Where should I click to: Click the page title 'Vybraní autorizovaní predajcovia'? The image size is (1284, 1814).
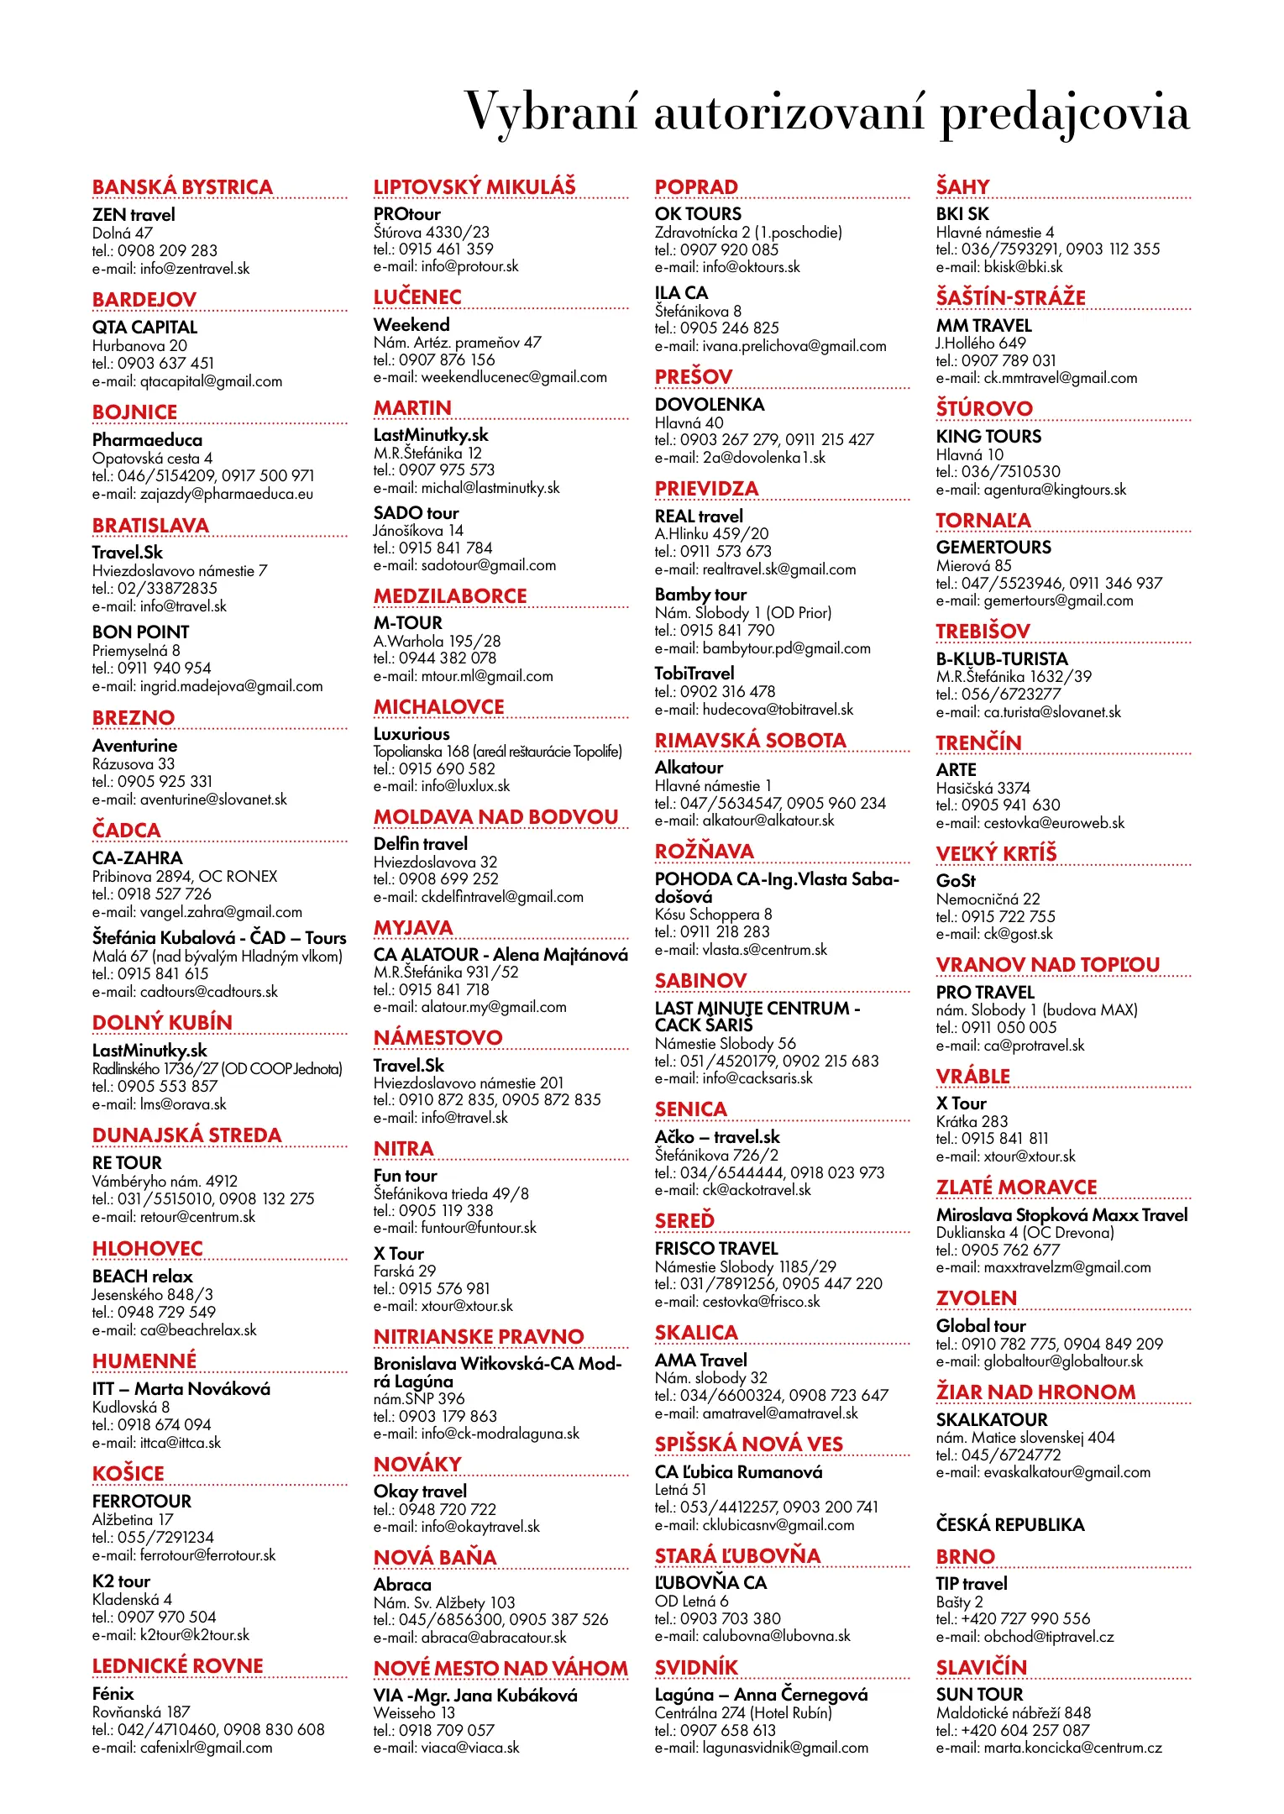[x=826, y=113]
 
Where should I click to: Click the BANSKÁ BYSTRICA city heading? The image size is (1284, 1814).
[x=182, y=187]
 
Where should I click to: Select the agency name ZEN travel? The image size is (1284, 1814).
[x=134, y=215]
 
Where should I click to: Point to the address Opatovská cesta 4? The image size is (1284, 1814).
[x=152, y=459]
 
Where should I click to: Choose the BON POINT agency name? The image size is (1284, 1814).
[x=140, y=632]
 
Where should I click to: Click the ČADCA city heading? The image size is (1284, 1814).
[x=126, y=831]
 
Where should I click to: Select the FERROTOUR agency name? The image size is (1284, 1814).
[x=142, y=1501]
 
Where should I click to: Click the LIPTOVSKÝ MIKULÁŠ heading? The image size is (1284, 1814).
[x=474, y=186]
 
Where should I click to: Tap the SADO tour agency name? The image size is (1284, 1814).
[x=416, y=512]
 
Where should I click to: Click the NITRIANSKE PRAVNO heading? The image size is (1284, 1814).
[x=479, y=1336]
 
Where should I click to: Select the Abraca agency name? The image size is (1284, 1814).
[x=402, y=1584]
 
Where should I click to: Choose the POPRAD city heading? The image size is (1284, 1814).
[x=696, y=187]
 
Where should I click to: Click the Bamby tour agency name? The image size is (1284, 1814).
[x=700, y=595]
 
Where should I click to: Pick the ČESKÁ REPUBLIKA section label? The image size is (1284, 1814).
[x=1010, y=1524]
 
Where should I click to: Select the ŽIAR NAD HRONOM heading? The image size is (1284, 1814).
[x=1035, y=1392]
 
